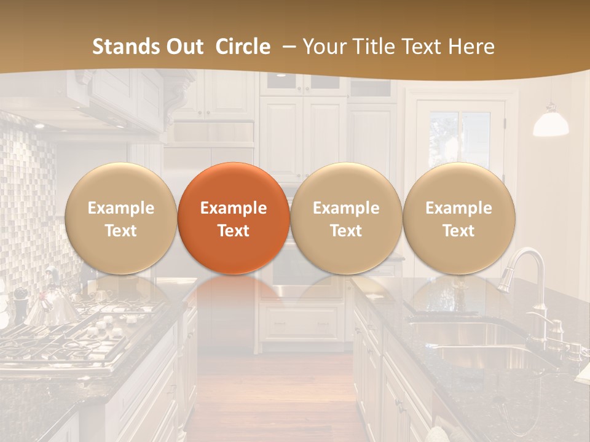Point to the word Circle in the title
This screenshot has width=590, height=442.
point(243,47)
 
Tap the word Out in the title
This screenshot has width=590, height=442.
point(185,47)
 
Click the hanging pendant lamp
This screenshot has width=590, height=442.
point(550,123)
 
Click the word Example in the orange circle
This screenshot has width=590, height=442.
point(234,208)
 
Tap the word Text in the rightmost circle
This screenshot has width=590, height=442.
point(458,231)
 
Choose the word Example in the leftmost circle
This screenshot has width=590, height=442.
point(120,208)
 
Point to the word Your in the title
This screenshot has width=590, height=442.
point(323,47)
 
